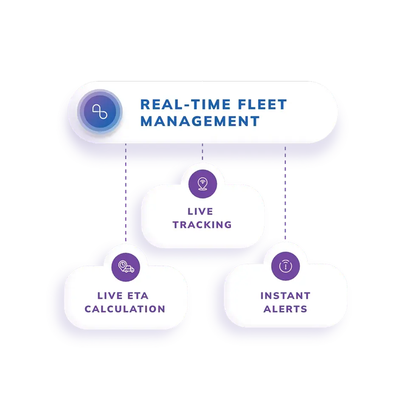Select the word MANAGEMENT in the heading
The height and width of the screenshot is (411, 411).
[x=200, y=121]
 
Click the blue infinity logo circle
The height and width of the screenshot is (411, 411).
[x=100, y=112]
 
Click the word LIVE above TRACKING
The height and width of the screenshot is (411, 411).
[x=200, y=211]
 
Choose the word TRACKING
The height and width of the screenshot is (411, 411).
[x=202, y=225]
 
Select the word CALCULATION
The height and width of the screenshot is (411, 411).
[x=125, y=309]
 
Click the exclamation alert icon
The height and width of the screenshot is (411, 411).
[x=285, y=266]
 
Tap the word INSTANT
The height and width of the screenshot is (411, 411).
[x=285, y=296]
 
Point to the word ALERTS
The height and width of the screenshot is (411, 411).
[x=285, y=309]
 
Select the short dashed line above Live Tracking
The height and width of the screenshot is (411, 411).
[x=203, y=152]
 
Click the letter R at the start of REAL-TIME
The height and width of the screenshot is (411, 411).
[x=145, y=104]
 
